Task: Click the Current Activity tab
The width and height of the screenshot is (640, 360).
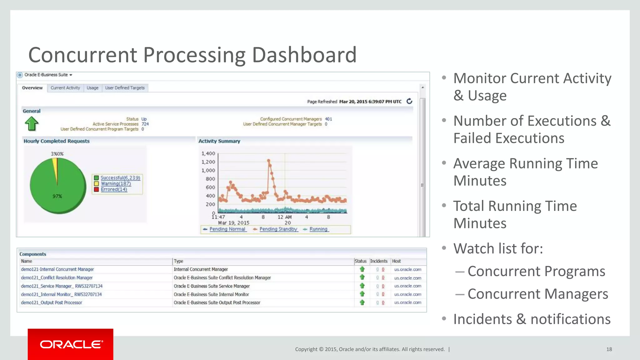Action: point(65,88)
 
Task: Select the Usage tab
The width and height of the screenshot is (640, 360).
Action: point(92,88)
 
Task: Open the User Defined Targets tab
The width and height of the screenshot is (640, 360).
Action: point(125,88)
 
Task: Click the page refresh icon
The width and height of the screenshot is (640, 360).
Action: point(409,101)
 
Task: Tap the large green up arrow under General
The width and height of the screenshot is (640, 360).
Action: point(32,124)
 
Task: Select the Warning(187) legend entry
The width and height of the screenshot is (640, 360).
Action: point(116,184)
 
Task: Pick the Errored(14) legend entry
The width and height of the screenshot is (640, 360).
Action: point(114,189)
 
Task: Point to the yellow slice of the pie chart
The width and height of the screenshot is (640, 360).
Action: point(55,169)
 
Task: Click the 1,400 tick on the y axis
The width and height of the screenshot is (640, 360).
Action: point(208,153)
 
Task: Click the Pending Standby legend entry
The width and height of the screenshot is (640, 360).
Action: point(278,229)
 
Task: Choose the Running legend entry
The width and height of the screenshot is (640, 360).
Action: point(318,229)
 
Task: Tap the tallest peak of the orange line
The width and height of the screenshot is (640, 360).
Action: point(268,161)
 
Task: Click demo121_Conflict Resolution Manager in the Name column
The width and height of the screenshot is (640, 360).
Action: point(57,277)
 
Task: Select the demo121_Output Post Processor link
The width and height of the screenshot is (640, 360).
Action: point(52,302)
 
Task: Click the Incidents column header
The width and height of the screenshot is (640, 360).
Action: point(379,261)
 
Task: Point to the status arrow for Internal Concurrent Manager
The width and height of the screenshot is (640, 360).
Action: point(362,269)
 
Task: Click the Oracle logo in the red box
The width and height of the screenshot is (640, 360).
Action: point(71,344)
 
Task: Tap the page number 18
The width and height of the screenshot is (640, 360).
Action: point(609,349)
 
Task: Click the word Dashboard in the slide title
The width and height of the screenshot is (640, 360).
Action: point(304,55)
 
